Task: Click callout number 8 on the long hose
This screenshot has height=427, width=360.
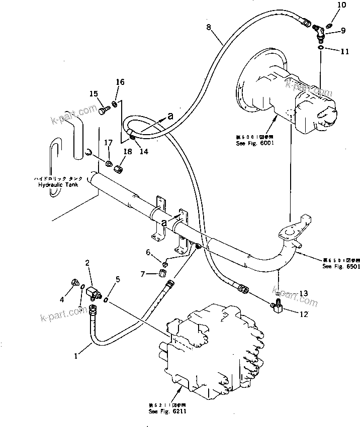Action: [x=208, y=28]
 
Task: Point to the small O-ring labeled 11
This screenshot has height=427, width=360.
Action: [x=321, y=47]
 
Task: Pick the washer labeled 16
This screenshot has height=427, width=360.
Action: [x=115, y=104]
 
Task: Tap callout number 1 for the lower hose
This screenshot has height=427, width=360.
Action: [x=76, y=356]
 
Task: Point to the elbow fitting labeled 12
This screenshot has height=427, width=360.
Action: [x=277, y=305]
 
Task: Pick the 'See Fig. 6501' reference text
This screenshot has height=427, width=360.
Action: [x=341, y=267]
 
